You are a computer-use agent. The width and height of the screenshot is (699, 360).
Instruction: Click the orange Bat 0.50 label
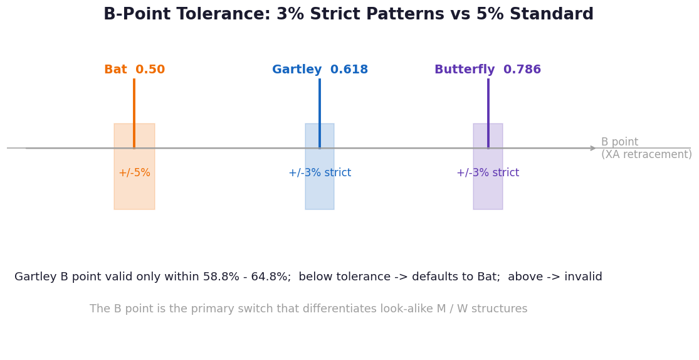click(x=135, y=70)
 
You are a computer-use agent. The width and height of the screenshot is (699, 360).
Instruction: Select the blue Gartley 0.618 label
click(x=320, y=70)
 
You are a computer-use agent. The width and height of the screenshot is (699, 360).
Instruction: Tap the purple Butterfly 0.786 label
click(x=488, y=70)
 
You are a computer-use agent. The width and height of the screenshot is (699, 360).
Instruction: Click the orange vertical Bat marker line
click(x=134, y=114)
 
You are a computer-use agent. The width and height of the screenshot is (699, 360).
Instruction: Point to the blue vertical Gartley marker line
click(x=320, y=114)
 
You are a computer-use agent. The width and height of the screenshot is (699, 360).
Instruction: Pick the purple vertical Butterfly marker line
click(x=488, y=114)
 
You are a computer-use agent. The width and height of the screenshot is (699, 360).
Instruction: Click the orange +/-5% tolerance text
click(x=135, y=172)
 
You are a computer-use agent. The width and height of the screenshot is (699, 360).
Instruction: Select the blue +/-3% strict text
click(x=320, y=172)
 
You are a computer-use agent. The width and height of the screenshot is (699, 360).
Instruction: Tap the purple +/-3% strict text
click(x=488, y=172)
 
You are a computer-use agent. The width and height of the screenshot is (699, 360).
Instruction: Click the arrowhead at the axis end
click(x=593, y=148)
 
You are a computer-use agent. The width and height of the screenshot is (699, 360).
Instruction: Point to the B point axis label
click(x=619, y=142)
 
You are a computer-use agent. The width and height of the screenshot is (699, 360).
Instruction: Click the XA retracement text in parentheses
click(x=646, y=154)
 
